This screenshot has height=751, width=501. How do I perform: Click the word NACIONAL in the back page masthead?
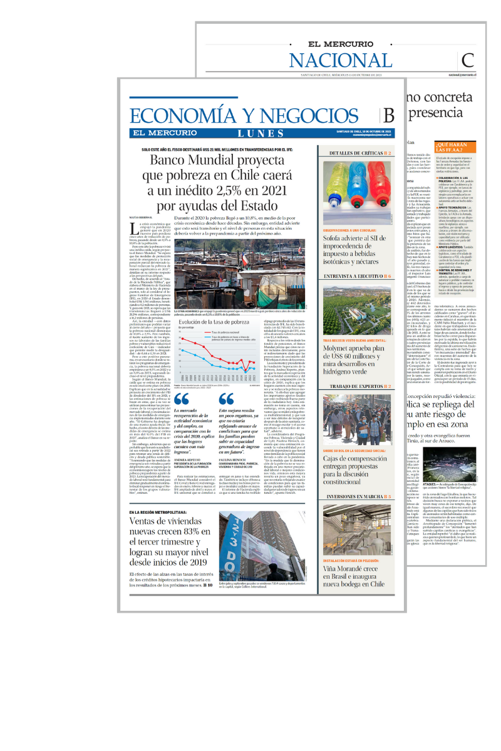[x=341, y=60]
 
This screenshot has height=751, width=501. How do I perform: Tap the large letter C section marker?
[x=468, y=60]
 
